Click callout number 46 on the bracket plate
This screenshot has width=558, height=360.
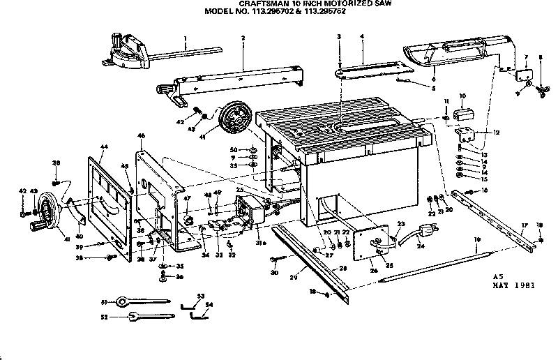(x=141, y=135)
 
